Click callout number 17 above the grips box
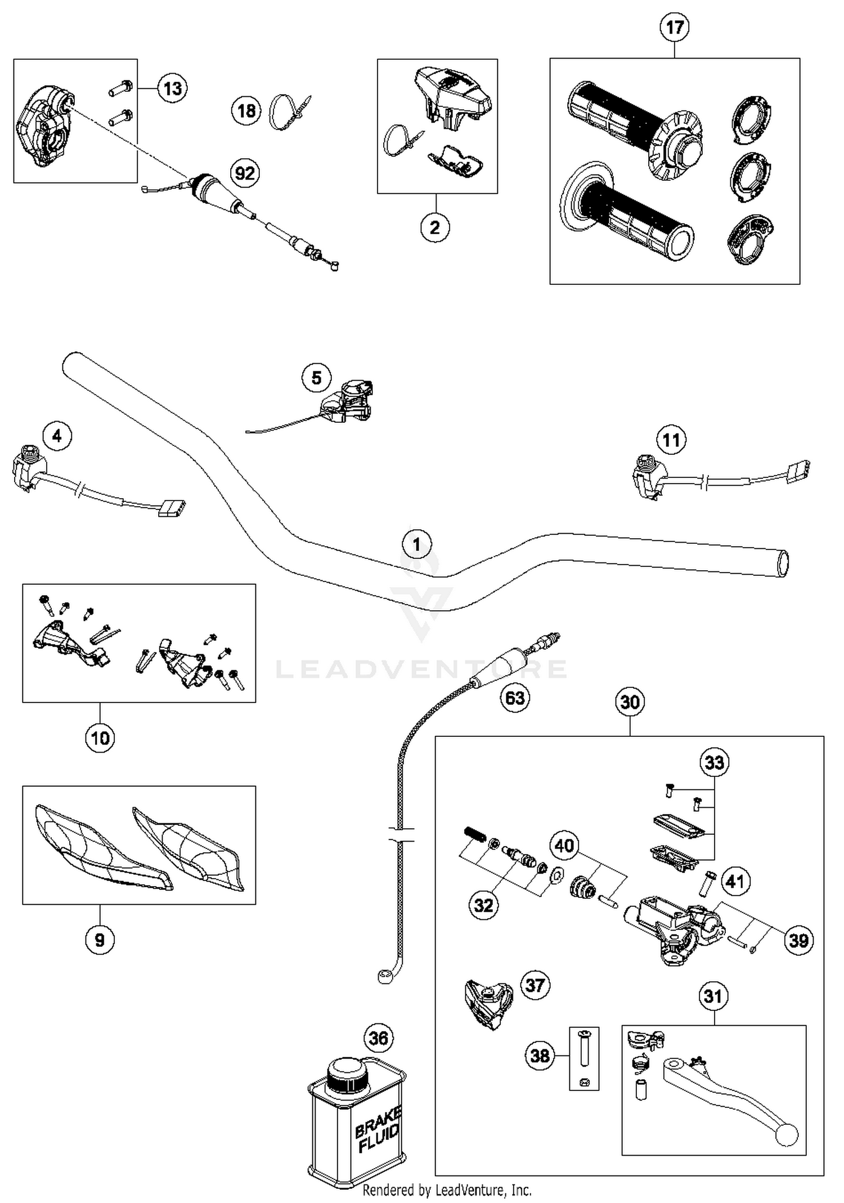pos(674,27)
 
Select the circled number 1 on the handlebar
pos(416,544)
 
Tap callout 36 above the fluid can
pos(379,1037)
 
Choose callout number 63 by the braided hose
pos(515,698)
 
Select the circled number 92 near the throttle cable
pos(245,173)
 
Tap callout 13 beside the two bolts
pos(172,88)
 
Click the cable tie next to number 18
pos(288,111)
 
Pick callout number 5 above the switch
pos(316,378)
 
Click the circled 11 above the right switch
pos(671,440)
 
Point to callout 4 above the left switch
pos(57,436)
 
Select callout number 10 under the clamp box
pos(100,737)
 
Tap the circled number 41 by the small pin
pos(735,881)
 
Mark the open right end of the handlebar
pos(782,564)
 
